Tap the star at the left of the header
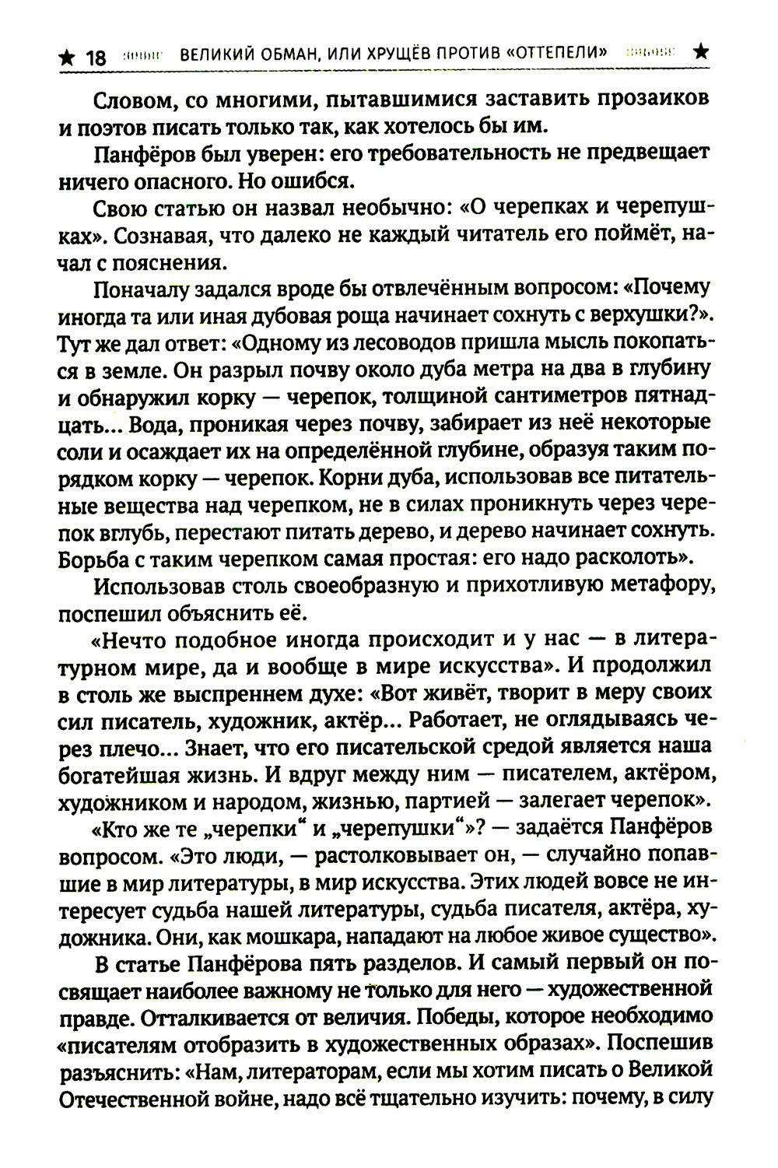tap(68, 57)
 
